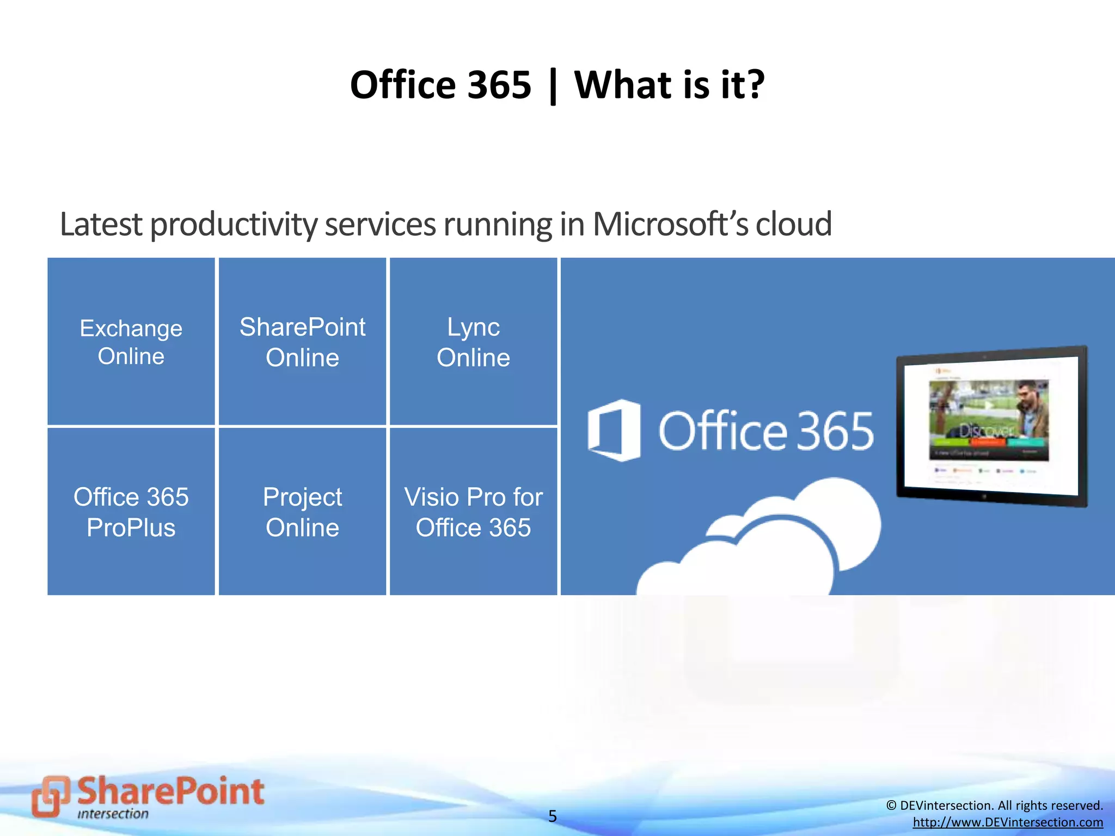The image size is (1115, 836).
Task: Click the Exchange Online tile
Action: pos(131,341)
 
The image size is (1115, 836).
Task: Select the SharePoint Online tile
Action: pos(302,341)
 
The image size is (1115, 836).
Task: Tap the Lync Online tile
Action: pos(473,341)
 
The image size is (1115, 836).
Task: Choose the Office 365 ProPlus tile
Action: pos(131,512)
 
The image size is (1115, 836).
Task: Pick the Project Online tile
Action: pos(302,512)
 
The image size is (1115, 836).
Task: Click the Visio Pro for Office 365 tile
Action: pos(473,512)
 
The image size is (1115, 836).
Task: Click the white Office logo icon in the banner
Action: pos(614,431)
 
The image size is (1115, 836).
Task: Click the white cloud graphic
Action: pos(773,544)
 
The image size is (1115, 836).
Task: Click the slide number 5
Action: pos(553,816)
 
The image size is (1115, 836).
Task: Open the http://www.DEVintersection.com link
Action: pos(1008,822)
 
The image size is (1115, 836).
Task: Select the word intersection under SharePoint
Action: pos(113,814)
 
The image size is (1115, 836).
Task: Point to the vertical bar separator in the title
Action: pos(553,86)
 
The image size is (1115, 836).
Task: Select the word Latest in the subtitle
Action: pos(101,224)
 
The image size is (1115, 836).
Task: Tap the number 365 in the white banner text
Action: pos(835,431)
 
